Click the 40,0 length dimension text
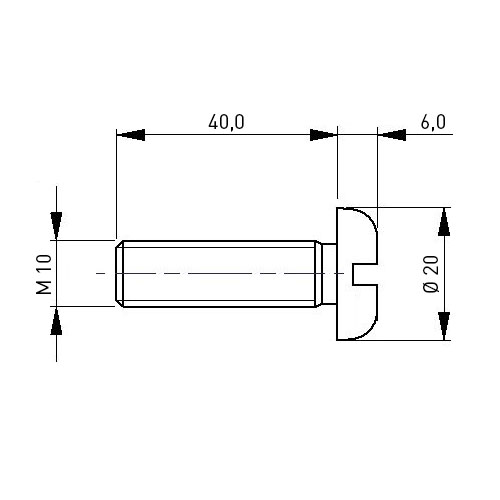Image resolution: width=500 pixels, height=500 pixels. click(226, 122)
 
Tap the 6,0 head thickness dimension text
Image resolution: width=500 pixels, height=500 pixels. click(433, 122)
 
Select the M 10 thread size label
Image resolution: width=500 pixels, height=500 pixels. click(44, 274)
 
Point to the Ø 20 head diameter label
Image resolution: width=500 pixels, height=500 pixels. click(431, 274)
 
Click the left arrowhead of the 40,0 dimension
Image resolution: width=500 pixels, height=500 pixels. click(131, 135)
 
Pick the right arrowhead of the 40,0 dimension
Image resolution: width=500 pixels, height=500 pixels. click(323, 135)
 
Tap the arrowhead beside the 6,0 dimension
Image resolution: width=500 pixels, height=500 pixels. click(392, 135)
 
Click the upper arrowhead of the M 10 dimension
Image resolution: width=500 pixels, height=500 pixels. click(56, 226)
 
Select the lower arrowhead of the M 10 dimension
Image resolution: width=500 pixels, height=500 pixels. click(56, 321)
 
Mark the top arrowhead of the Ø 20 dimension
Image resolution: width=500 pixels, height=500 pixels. click(444, 222)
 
